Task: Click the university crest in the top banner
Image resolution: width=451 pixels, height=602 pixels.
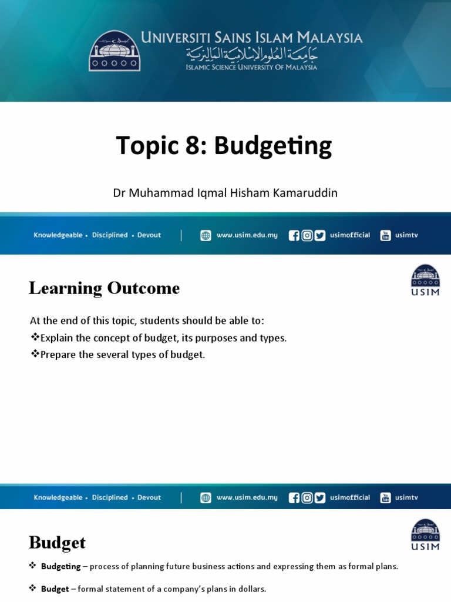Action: [115, 51]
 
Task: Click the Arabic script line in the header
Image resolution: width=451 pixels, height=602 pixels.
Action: [251, 55]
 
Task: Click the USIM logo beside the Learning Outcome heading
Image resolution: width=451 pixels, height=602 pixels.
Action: [425, 280]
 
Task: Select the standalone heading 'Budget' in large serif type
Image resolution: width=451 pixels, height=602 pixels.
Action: [57, 542]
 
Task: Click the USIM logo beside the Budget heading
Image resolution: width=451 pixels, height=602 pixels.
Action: [425, 534]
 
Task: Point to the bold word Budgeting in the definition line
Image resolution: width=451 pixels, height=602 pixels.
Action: [61, 567]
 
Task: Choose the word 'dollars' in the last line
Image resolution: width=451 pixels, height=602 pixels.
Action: [252, 588]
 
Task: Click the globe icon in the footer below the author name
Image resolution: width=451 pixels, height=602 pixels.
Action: [206, 236]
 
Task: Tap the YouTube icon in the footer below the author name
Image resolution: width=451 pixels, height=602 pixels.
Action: [385, 236]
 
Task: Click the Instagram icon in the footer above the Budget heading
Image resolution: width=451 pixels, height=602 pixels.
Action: [307, 498]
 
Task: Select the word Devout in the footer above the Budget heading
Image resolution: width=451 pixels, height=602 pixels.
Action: [149, 497]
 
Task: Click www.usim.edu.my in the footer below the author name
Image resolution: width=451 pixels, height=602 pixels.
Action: [247, 235]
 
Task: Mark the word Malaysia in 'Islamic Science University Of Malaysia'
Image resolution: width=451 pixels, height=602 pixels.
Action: [299, 67]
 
